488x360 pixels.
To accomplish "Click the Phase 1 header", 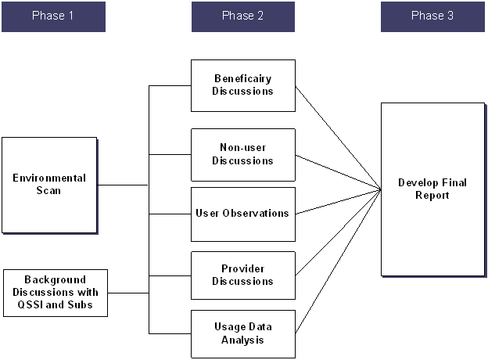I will pos(53,16).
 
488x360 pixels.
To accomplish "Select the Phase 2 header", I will pos(243,16).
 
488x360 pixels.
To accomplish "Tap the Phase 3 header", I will pos(432,16).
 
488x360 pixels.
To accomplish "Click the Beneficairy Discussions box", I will pos(243,85).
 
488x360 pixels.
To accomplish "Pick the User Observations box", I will pos(243,214).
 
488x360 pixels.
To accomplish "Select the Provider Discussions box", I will pos(243,275).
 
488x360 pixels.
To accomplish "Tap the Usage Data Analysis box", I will pos(243,334).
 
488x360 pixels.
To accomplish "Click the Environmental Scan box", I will pos(49,185).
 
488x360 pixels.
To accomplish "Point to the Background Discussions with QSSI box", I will pos(55,293).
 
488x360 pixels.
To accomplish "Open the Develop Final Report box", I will pos(432,189).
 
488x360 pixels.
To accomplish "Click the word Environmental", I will pos(49,178).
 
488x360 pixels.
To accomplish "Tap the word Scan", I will pos(49,191).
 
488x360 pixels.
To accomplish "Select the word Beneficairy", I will pos(243,79).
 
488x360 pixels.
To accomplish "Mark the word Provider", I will pos(243,269).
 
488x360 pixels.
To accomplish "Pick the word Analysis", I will pos(243,340).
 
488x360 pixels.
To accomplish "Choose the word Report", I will pos(432,196).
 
